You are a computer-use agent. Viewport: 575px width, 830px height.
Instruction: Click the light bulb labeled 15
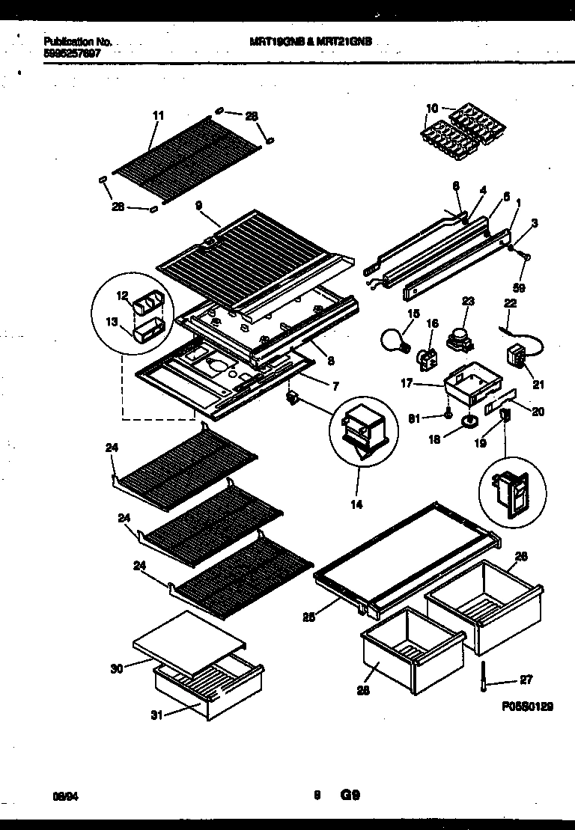click(395, 341)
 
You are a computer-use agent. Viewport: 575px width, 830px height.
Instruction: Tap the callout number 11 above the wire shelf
click(158, 115)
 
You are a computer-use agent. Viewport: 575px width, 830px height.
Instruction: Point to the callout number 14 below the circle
click(356, 504)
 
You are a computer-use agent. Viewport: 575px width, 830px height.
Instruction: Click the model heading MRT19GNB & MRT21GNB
click(309, 43)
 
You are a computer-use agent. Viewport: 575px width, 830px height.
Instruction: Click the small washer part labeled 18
click(469, 422)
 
